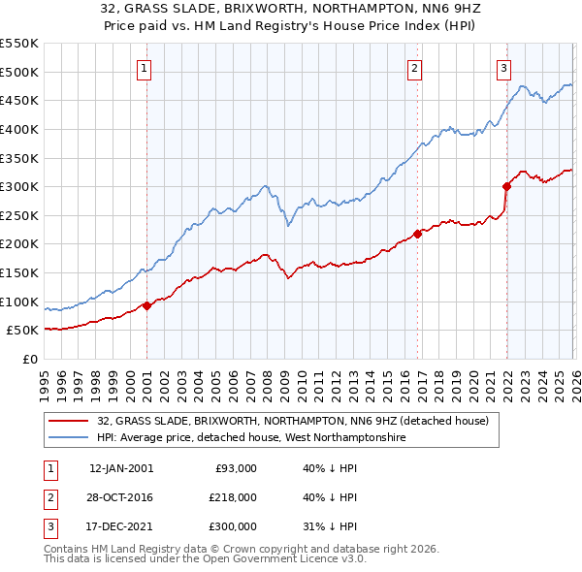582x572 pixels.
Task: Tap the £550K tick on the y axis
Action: pos(19,44)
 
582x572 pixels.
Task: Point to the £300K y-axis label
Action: pos(19,186)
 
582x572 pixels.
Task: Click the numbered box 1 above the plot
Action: pos(144,68)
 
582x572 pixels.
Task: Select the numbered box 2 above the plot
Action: pos(414,68)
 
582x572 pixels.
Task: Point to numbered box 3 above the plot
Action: pos(504,68)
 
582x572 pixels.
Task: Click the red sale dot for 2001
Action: pos(146,305)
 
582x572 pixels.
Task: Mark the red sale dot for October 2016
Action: pos(417,234)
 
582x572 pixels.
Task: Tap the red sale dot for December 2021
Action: pos(506,186)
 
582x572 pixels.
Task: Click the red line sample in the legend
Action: pos(70,421)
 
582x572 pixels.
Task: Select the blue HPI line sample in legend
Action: pos(70,437)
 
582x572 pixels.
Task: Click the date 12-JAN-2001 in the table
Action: pos(120,468)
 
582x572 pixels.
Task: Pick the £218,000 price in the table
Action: pos(233,497)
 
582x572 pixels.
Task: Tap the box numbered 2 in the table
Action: pos(49,497)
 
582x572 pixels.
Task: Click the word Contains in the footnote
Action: pos(68,549)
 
